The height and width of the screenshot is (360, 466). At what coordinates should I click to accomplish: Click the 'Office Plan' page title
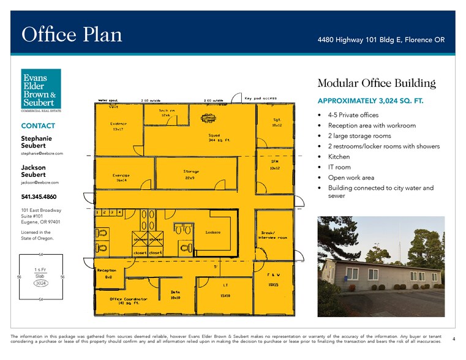click(72, 35)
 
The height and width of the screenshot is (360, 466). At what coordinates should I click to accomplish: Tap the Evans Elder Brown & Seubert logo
click(41, 90)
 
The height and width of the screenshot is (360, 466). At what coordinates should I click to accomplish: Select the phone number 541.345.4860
click(41, 197)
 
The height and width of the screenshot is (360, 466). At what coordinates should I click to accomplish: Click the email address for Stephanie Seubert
click(40, 154)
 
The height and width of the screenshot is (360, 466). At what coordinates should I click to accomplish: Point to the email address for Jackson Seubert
click(40, 182)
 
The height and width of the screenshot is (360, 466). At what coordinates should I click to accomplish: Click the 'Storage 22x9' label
click(190, 174)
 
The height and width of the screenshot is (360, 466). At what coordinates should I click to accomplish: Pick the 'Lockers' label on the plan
click(212, 233)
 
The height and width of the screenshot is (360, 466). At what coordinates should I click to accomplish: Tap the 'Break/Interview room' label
click(273, 235)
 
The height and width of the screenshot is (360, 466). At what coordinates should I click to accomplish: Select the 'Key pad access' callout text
click(260, 98)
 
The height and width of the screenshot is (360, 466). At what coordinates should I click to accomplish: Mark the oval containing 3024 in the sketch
click(41, 283)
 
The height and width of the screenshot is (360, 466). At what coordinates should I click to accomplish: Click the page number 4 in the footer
click(453, 339)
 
